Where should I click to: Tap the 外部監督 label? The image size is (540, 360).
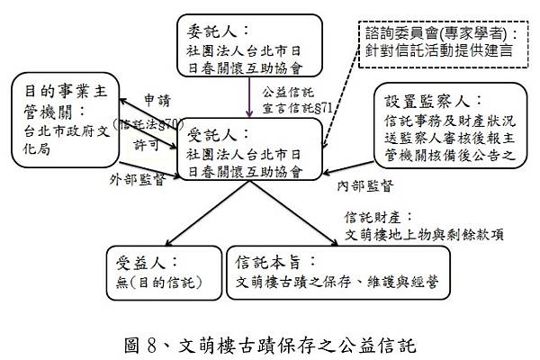coord(130,179)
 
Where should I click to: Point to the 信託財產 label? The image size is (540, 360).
coord(376,218)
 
